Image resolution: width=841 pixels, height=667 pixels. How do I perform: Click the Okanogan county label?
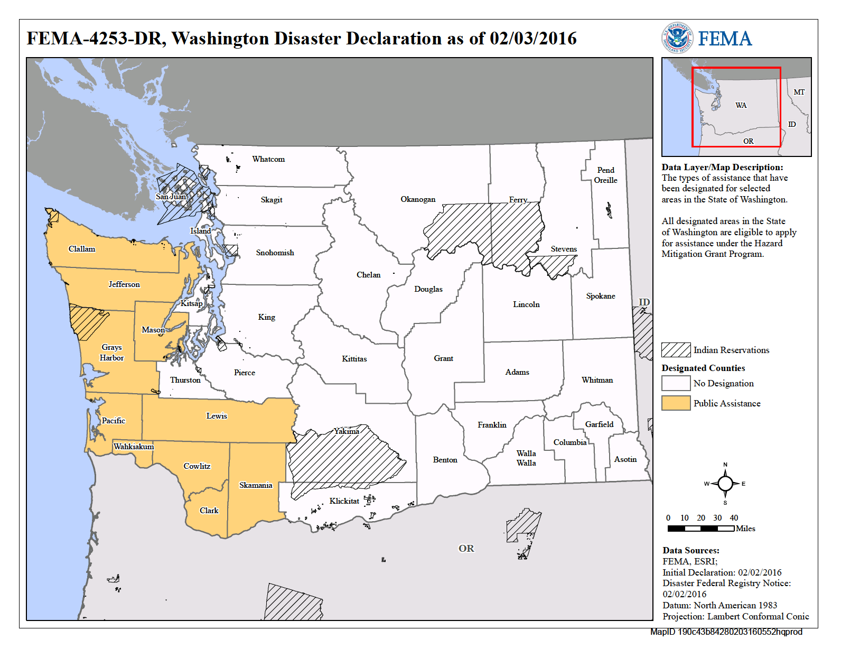[x=418, y=199]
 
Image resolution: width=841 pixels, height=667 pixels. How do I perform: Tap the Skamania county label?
[x=256, y=485]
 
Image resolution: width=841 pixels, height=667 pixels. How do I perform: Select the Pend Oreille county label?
[x=605, y=175]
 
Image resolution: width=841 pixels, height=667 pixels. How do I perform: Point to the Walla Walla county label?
[x=526, y=458]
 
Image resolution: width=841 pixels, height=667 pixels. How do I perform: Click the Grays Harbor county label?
[x=111, y=353]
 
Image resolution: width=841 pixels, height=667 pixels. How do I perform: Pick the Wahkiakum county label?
[x=134, y=447]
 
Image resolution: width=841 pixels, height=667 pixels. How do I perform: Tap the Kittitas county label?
[x=354, y=359]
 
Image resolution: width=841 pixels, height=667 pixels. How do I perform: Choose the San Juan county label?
[x=171, y=197]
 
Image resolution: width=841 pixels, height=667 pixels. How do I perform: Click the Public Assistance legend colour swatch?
[x=676, y=403]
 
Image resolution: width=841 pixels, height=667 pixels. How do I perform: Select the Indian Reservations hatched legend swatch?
[x=676, y=350]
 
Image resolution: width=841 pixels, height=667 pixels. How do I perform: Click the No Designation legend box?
[x=676, y=383]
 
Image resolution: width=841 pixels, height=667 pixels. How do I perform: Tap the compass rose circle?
[x=725, y=483]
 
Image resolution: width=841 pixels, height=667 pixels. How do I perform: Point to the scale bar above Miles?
[x=700, y=528]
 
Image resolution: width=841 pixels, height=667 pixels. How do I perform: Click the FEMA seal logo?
[x=677, y=38]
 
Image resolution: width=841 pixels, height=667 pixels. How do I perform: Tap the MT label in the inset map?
[x=799, y=92]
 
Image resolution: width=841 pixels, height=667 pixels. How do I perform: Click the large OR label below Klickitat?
[x=466, y=549]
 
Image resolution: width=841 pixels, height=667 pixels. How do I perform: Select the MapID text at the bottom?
[x=726, y=632]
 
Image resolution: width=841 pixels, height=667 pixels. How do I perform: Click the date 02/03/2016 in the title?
[x=532, y=39]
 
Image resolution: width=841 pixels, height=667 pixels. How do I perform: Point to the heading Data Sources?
[x=691, y=550]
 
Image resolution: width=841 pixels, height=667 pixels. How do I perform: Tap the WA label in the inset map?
[x=741, y=105]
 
